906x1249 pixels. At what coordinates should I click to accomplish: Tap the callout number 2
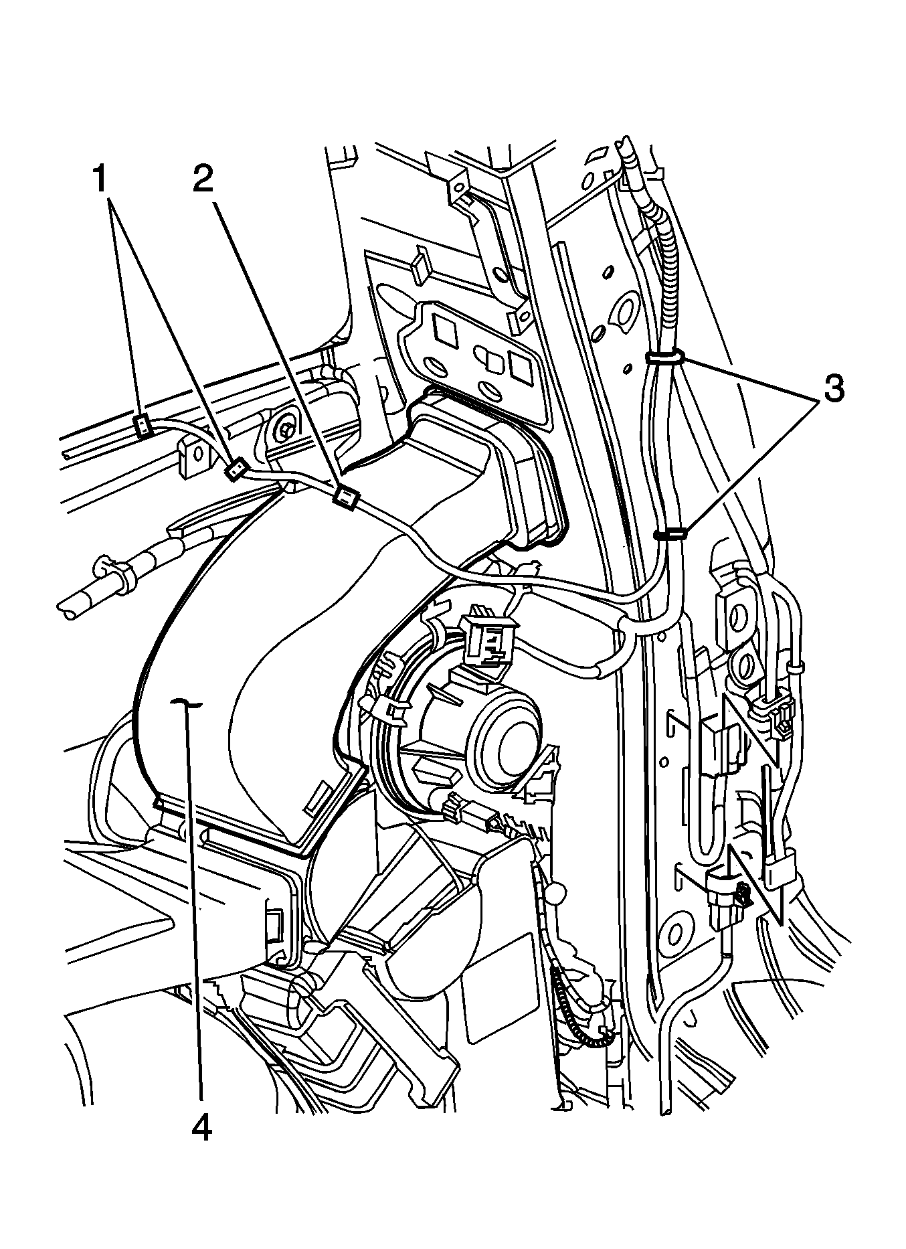point(203,179)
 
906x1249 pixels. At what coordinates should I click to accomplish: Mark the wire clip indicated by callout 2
point(345,496)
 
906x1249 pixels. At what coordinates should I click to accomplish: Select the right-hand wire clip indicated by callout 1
point(234,471)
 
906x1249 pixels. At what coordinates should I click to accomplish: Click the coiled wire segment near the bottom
point(581,1014)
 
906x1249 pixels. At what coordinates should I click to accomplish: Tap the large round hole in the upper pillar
point(628,309)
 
